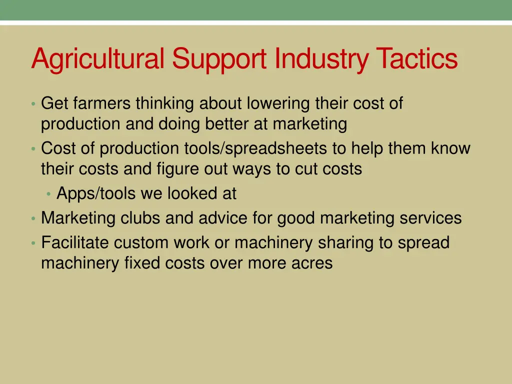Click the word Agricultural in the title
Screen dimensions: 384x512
97,59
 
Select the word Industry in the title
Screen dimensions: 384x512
321,59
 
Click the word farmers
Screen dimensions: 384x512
102,103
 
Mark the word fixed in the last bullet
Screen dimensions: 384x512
140,263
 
